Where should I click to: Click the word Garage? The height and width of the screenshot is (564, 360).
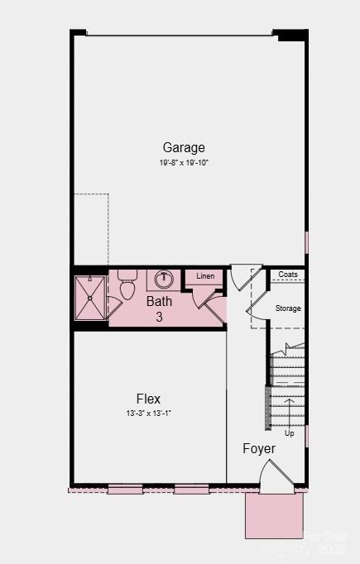point(184,148)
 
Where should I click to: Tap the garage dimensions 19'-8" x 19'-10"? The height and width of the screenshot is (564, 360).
point(184,163)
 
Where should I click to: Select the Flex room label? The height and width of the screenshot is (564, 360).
point(149,399)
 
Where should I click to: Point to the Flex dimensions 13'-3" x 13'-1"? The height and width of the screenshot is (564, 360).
point(149,413)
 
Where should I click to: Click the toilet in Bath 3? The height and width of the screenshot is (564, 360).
point(127,286)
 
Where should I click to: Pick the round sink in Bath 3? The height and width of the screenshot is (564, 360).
point(164,279)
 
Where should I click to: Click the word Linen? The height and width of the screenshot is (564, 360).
point(205,276)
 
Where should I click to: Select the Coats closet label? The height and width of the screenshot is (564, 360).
point(288,275)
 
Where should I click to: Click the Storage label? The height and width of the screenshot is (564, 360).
point(288,308)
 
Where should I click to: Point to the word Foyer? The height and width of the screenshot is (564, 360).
point(259,448)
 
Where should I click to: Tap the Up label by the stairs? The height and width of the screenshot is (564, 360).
point(290,433)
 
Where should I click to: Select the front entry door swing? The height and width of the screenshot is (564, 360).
point(274,475)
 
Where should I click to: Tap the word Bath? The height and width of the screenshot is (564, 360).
point(160,302)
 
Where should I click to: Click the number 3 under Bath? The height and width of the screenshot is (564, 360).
point(160,317)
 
